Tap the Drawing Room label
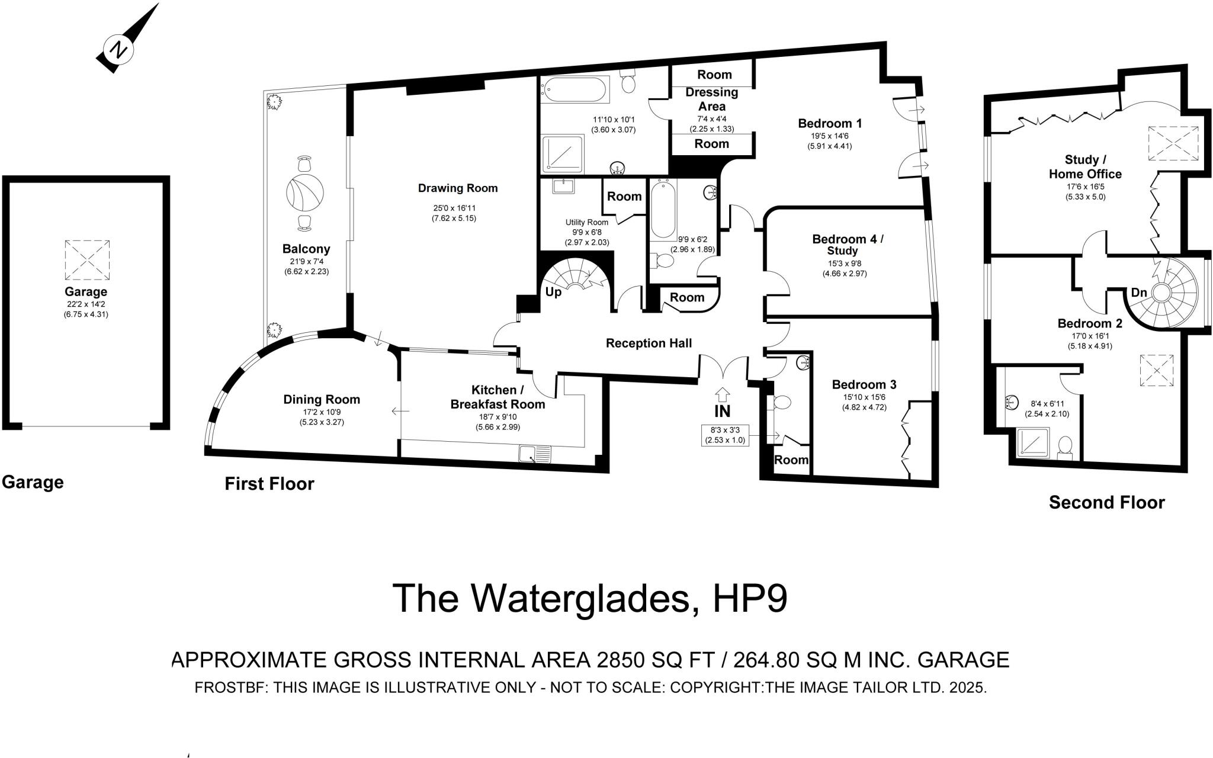pyautogui.click(x=457, y=188)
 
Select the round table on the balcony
pyautogui.click(x=305, y=191)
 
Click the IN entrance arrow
pyautogui.click(x=723, y=396)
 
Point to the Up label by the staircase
pyautogui.click(x=553, y=293)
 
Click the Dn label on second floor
pyautogui.click(x=1139, y=293)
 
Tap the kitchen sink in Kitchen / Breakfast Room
pyautogui.click(x=534, y=455)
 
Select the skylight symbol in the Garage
pyautogui.click(x=87, y=259)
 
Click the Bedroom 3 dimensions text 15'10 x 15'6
pyautogui.click(x=864, y=397)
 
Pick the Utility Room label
pyautogui.click(x=586, y=222)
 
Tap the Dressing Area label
pyautogui.click(x=711, y=99)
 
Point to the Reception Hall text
pyautogui.click(x=649, y=343)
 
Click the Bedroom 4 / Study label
pyautogui.click(x=847, y=245)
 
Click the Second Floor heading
pyautogui.click(x=1106, y=503)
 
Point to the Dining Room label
pyautogui.click(x=321, y=400)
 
